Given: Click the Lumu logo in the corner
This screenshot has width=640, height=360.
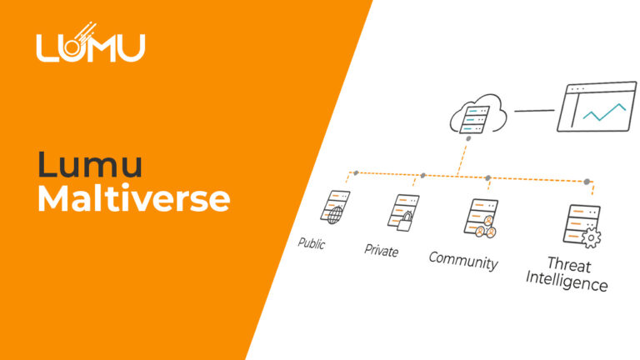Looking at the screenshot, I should pyautogui.click(x=90, y=46).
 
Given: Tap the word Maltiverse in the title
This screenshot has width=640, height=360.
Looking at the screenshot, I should pyautogui.click(x=133, y=199).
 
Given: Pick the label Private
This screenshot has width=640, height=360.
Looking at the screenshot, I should pyautogui.click(x=382, y=250).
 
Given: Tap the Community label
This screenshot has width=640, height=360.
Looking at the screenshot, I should pyautogui.click(x=462, y=260).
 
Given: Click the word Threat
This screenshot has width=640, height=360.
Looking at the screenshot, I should pyautogui.click(x=569, y=266).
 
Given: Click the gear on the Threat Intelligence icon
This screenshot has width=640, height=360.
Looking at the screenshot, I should pyautogui.click(x=592, y=238).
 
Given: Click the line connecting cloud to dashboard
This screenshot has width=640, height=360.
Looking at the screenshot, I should pyautogui.click(x=533, y=109).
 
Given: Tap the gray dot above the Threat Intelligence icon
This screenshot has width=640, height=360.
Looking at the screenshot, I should pyautogui.click(x=587, y=181).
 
